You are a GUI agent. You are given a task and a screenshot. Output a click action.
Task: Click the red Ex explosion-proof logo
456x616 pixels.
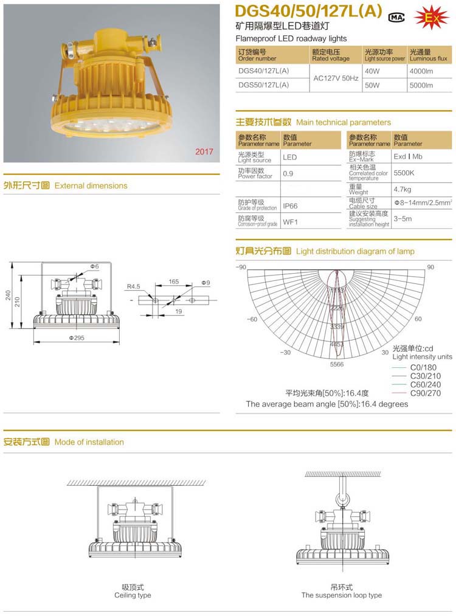[431, 18]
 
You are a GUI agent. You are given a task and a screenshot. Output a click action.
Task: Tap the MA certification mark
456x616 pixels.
[396, 18]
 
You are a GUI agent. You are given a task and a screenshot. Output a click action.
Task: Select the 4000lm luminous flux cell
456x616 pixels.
[421, 71]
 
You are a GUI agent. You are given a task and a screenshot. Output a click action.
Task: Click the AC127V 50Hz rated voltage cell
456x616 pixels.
[335, 78]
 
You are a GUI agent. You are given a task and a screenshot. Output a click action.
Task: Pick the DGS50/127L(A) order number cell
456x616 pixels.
[264, 85]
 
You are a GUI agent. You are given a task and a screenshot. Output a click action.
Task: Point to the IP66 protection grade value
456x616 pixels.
[290, 206]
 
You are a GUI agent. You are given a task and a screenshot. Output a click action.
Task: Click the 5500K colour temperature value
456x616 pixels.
[404, 173]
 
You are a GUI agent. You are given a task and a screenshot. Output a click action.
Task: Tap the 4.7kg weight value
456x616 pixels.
[402, 190]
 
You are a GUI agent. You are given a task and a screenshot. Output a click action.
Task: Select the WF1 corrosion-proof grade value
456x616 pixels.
[290, 222]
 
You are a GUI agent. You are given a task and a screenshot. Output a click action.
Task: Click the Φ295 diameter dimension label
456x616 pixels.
[77, 337]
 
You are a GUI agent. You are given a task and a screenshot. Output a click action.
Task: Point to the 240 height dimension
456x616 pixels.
[9, 295]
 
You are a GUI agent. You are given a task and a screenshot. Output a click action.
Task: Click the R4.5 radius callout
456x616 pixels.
[134, 286]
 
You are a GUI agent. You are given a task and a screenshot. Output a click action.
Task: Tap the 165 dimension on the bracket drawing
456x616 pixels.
[173, 282]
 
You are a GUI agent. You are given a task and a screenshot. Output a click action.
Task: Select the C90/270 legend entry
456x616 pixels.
[425, 393]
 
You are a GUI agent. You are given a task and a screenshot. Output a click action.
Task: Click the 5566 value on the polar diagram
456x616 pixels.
[337, 364]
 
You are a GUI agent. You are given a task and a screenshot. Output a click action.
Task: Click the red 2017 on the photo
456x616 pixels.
[204, 151]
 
